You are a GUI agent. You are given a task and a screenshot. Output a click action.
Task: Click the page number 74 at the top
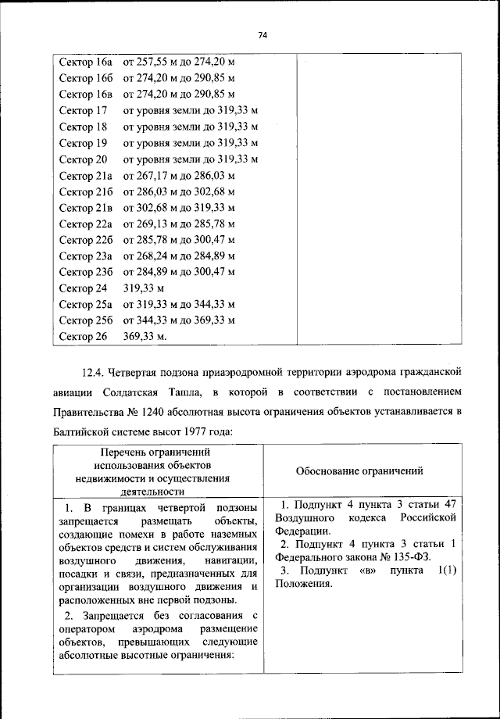click(262, 35)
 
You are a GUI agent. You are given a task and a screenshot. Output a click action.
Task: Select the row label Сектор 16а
click(86, 61)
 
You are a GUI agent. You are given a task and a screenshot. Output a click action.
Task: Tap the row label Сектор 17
click(83, 110)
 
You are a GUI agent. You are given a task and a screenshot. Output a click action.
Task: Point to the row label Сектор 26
click(83, 337)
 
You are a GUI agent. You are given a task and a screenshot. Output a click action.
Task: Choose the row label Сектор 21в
click(86, 207)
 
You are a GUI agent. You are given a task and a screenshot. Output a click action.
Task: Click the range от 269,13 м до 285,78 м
click(179, 224)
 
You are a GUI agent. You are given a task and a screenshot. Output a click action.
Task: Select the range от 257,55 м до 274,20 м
click(179, 61)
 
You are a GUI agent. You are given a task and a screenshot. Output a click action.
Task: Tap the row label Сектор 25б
click(86, 320)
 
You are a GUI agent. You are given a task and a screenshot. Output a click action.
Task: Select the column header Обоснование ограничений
click(360, 471)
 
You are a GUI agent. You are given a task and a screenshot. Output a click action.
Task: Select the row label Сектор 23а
click(86, 256)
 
